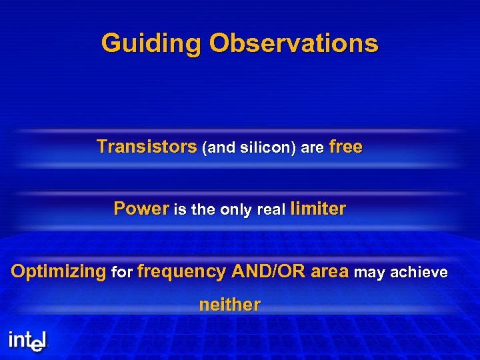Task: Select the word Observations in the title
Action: click(x=293, y=44)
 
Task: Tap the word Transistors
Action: click(x=147, y=147)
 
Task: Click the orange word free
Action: click(x=346, y=147)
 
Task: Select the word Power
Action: click(x=141, y=209)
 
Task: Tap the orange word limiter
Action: click(x=318, y=209)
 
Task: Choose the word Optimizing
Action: click(x=59, y=272)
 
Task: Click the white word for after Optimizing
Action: click(x=122, y=273)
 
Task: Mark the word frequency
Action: click(x=181, y=272)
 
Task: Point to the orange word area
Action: click(x=329, y=272)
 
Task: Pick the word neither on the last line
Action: click(x=229, y=305)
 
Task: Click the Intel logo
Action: click(x=28, y=341)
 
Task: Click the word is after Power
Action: click(x=180, y=210)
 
